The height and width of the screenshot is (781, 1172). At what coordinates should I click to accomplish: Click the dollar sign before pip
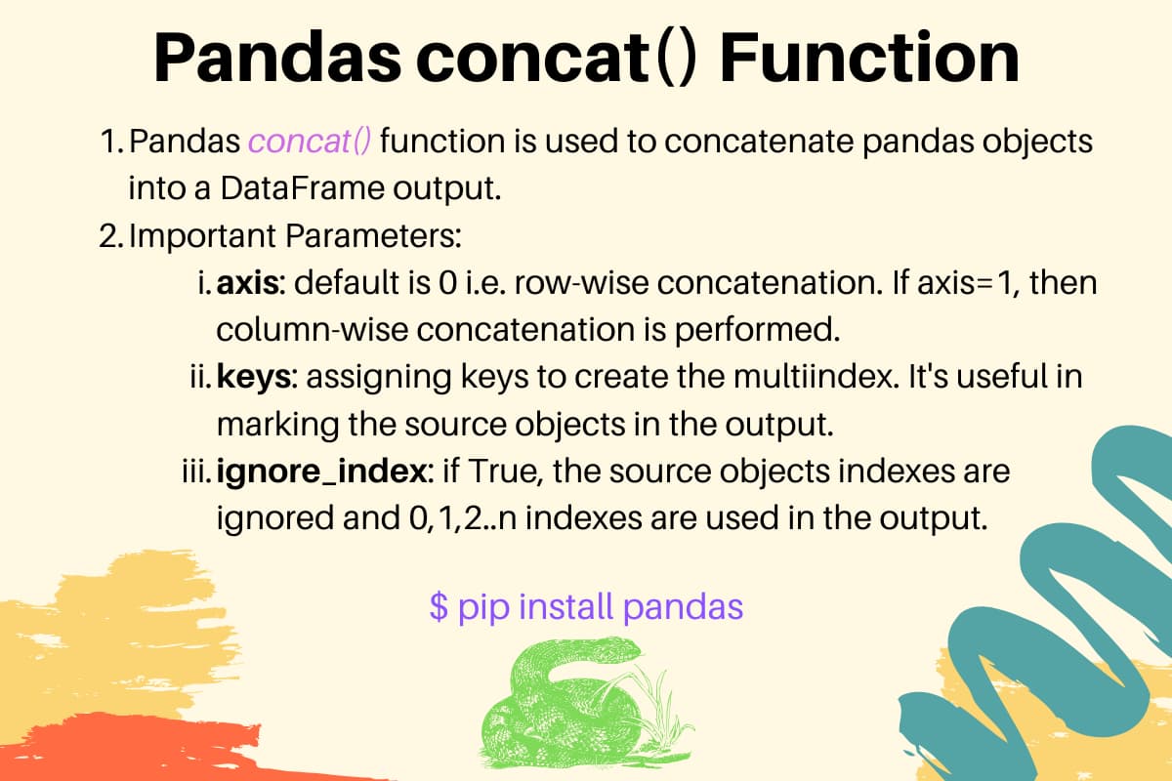click(439, 607)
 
